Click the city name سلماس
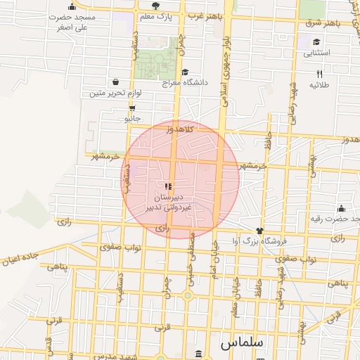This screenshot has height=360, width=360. [x=241, y=343]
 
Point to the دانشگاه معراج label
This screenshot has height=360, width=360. [x=186, y=82]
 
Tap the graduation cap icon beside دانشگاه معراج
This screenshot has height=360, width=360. [x=185, y=72]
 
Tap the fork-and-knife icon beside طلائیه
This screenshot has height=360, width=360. [x=319, y=72]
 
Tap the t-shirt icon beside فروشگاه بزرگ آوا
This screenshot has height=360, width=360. [x=259, y=231]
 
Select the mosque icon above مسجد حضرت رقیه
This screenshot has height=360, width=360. [x=341, y=208]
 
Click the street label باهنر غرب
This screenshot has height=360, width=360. [x=202, y=14]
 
